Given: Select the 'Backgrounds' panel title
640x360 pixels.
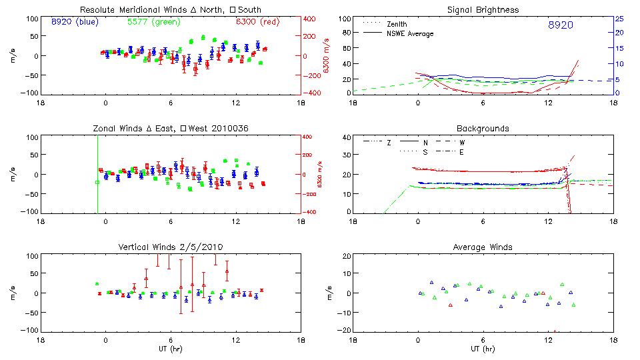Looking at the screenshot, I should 483,128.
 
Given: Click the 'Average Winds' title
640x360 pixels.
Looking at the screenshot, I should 483,247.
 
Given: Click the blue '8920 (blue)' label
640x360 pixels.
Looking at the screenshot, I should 74,22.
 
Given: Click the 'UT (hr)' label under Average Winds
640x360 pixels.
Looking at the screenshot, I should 483,348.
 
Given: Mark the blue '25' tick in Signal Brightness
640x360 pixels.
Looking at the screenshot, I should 619,19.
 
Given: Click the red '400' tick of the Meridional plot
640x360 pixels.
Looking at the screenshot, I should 310,19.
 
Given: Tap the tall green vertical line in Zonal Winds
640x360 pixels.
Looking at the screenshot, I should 97,173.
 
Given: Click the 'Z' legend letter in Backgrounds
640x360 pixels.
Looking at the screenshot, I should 389,142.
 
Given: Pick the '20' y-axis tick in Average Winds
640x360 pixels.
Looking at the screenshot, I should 346,256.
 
